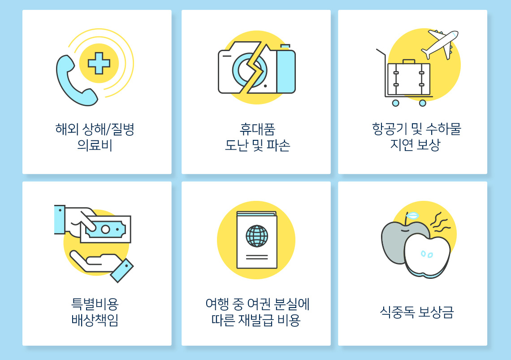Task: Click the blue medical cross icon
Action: click(99, 63)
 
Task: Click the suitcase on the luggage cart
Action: click(408, 78)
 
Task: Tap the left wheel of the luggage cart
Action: click(395, 103)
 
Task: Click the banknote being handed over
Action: click(106, 229)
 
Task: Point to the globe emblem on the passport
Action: click(257, 236)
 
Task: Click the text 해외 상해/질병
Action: click(95, 130)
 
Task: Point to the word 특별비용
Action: click(95, 304)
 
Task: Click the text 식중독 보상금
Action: click(416, 312)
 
